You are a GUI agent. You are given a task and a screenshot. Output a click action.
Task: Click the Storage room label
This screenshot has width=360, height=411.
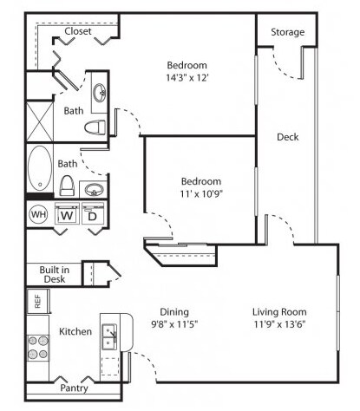288,32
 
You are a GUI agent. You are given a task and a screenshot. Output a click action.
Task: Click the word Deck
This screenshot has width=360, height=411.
288,137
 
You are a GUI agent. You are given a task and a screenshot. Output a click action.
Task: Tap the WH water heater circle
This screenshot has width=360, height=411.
38,214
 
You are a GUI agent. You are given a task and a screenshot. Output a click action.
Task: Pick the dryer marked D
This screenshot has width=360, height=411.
92,216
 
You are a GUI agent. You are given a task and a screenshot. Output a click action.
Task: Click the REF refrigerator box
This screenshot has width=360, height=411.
37,301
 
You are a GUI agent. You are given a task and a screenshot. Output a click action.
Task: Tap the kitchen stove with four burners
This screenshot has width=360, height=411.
37,347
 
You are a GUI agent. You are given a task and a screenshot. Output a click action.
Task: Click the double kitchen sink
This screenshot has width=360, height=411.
110,335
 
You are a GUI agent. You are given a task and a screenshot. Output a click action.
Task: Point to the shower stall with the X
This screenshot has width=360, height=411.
39,121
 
